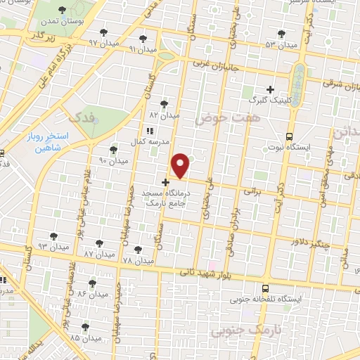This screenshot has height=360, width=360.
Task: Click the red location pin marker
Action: pyautogui.click(x=181, y=165)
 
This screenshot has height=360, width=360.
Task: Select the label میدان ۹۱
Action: pyautogui.click(x=141, y=49)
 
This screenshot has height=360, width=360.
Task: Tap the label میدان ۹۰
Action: pyautogui.click(x=112, y=161)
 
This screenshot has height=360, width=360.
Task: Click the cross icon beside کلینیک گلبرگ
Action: pyautogui.click(x=270, y=89)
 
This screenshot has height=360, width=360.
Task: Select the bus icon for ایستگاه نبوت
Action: pyautogui.click(x=289, y=136)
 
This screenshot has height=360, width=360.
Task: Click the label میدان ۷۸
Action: pyautogui.click(x=137, y=260)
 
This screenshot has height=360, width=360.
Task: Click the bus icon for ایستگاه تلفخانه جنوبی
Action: pyautogui.click(x=265, y=288)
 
